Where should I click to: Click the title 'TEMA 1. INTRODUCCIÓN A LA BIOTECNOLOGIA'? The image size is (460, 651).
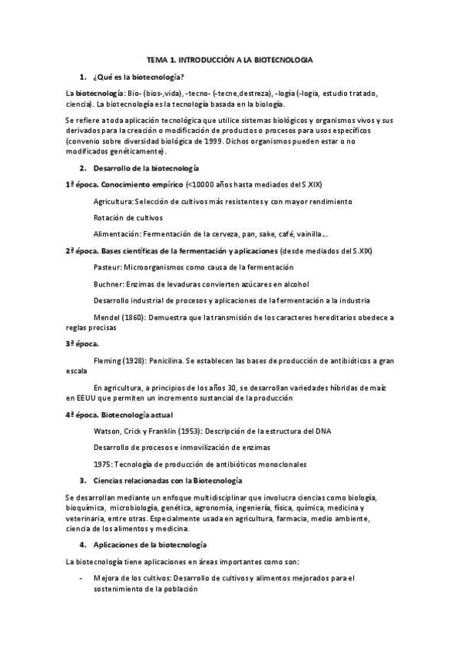click(230, 59)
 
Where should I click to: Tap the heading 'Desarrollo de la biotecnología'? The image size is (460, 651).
click(146, 167)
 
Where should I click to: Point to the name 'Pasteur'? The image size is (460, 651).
click(107, 266)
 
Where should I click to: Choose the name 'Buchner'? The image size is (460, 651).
click(108, 283)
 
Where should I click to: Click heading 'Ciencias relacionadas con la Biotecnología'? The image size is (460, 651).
click(167, 481)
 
